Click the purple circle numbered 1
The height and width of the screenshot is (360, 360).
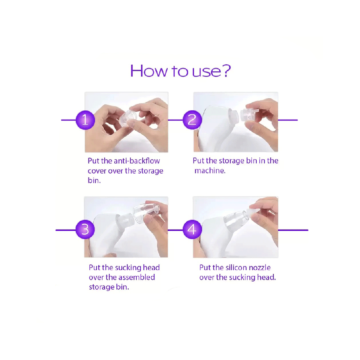(85, 120)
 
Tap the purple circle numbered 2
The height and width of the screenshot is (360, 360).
(192, 120)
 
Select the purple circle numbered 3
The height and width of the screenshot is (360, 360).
(85, 229)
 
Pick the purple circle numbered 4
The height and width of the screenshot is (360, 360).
(192, 229)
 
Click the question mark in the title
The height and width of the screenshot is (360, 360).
(226, 71)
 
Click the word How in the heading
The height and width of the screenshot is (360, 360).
(149, 71)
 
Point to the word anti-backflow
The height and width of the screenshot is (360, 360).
(137, 161)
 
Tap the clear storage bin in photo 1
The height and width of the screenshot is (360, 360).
(128, 118)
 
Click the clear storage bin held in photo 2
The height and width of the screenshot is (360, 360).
(249, 115)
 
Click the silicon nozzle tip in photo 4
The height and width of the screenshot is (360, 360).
(253, 212)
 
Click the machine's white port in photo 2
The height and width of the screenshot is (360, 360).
(233, 115)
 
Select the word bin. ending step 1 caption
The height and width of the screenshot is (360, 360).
(94, 180)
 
